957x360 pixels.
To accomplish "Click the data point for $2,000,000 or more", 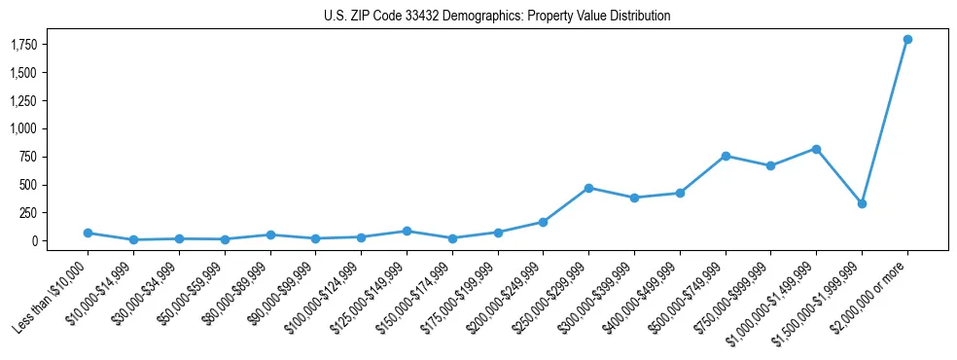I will pyautogui.click(x=906, y=39).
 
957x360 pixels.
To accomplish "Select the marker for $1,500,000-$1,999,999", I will pyautogui.click(x=862, y=203).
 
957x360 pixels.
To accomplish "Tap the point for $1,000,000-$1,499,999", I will pyautogui.click(x=816, y=149).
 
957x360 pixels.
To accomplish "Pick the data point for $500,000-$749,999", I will pyautogui.click(x=726, y=156).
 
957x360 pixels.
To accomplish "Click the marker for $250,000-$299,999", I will pyautogui.click(x=588, y=188).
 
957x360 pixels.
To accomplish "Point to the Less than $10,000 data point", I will pyautogui.click(x=88, y=233).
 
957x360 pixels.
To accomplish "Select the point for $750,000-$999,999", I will pyautogui.click(x=770, y=165).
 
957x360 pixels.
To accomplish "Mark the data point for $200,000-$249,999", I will pyautogui.click(x=543, y=222).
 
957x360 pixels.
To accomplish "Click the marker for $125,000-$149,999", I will pyautogui.click(x=407, y=231).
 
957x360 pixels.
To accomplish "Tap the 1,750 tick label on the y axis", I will pyautogui.click(x=22, y=45).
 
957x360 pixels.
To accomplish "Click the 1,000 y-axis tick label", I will pyautogui.click(x=22, y=128).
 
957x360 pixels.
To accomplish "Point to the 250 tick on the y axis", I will pyautogui.click(x=27, y=212).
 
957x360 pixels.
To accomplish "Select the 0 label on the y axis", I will pyautogui.click(x=33, y=240).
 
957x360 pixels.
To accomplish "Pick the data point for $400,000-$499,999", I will pyautogui.click(x=680, y=193).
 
